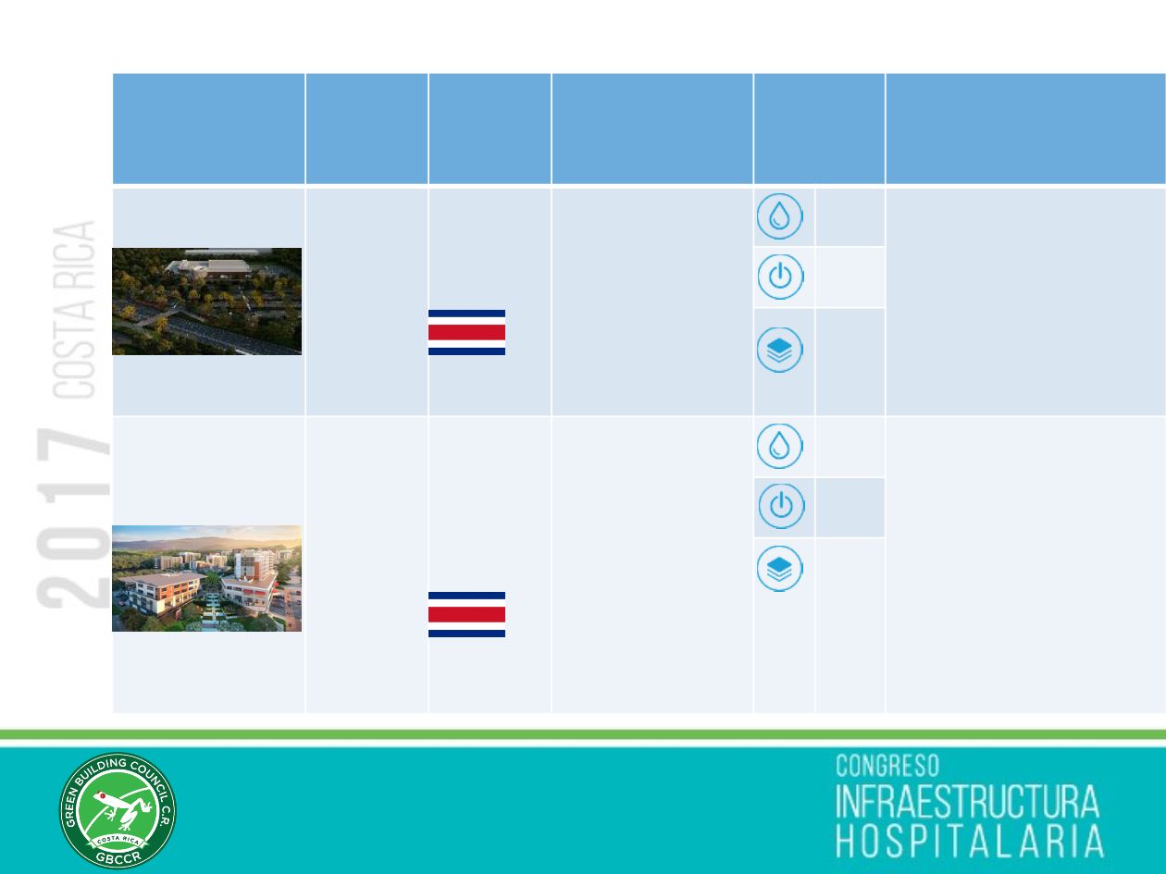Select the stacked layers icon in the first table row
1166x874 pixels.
coord(779,350)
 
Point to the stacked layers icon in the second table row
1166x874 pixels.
coord(779,569)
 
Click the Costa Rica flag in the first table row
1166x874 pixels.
coord(466,332)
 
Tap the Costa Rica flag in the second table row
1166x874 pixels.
coord(466,614)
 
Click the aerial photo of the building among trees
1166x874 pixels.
coord(206,301)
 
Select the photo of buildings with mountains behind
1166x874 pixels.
coord(206,578)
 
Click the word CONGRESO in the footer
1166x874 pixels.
coord(887,766)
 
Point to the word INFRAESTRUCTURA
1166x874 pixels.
coord(967,802)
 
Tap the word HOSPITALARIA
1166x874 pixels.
coord(970,841)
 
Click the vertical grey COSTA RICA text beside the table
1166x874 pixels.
coord(74,310)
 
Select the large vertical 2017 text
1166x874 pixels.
coord(73,518)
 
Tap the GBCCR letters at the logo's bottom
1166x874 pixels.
coord(118,856)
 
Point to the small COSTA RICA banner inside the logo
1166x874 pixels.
coord(118,840)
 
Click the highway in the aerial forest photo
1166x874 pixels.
coord(223,332)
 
